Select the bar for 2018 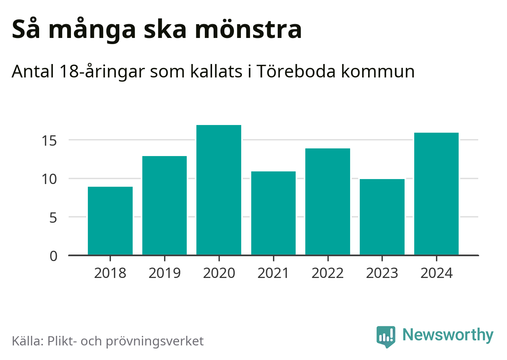(x=110, y=221)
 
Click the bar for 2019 (x=165, y=205)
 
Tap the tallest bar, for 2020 (x=219, y=190)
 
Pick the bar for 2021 (x=273, y=213)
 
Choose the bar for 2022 (x=328, y=202)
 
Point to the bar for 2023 (x=382, y=217)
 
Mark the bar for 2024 (x=436, y=194)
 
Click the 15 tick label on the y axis (x=49, y=141)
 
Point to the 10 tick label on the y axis (x=49, y=179)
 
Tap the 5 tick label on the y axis (x=53, y=218)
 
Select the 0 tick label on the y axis (x=53, y=256)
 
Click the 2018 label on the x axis (x=110, y=273)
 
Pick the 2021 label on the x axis (x=273, y=273)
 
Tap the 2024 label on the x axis (x=436, y=273)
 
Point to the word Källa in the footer (x=28, y=341)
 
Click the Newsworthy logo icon (x=385, y=336)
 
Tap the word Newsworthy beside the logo (x=448, y=335)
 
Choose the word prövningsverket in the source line (x=155, y=341)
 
